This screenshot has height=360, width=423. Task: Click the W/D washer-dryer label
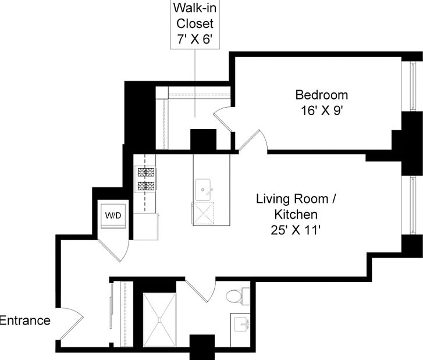(113, 215)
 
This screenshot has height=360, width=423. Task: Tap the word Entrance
(25, 320)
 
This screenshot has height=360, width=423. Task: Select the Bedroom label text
(322, 95)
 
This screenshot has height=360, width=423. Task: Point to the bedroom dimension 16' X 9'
(322, 111)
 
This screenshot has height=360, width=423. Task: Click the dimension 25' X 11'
(296, 230)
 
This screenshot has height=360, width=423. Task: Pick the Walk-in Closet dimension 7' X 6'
(194, 39)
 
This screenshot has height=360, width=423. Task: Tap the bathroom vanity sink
(241, 324)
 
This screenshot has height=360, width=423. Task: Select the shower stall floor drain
(159, 320)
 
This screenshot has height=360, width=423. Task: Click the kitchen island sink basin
(202, 189)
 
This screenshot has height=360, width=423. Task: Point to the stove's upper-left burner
(142, 172)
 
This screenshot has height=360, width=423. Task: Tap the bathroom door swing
(201, 290)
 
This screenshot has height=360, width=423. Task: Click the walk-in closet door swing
(223, 119)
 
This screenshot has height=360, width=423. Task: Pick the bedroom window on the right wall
(412, 86)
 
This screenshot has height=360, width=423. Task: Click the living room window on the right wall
(412, 205)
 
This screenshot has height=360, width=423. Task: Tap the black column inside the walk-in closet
(204, 140)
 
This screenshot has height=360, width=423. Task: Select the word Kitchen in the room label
(296, 215)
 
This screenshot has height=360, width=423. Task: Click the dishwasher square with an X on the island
(203, 213)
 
